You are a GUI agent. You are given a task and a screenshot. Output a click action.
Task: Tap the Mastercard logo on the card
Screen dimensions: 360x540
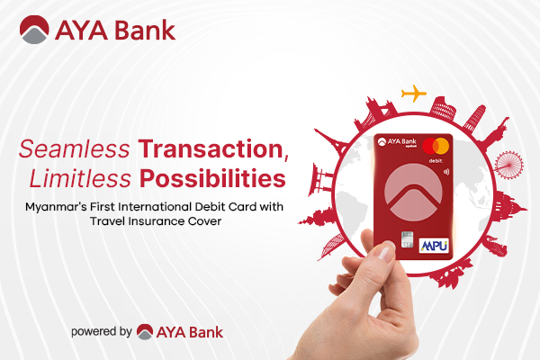click(x=441, y=145)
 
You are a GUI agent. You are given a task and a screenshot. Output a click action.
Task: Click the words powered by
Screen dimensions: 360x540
click(x=102, y=331)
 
